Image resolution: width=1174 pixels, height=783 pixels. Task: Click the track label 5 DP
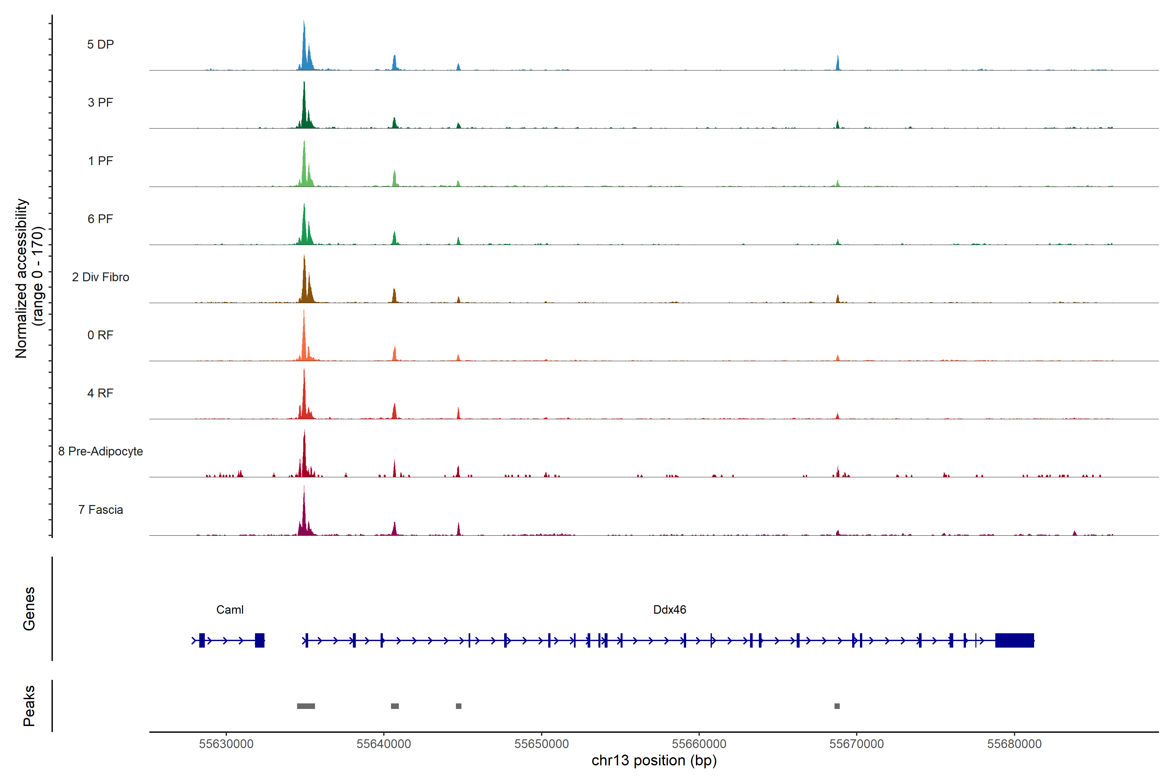click(100, 44)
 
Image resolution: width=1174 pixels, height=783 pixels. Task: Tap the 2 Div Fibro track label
click(100, 277)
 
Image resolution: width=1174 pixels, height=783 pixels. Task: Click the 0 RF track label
click(100, 335)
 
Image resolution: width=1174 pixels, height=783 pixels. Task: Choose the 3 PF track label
click(100, 102)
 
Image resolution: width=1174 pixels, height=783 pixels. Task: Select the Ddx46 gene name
click(670, 610)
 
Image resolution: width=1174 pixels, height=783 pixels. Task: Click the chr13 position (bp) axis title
click(654, 760)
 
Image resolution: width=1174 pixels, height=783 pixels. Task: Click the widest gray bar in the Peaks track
click(306, 706)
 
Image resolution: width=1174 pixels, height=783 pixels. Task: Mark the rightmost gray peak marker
click(837, 706)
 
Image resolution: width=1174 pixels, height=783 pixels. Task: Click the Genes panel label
click(29, 609)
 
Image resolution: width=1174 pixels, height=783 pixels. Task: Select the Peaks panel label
click(29, 706)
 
